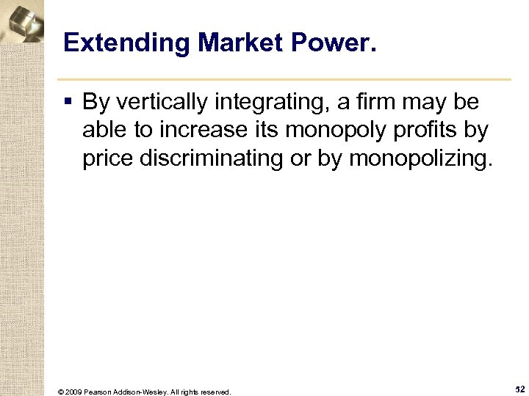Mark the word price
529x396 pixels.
pyautogui.click(x=104, y=159)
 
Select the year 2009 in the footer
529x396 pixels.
pyautogui.click(x=71, y=392)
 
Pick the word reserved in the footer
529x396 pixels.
pyautogui.click(x=215, y=392)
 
